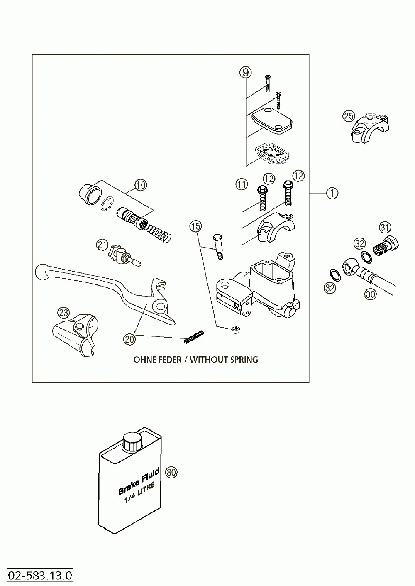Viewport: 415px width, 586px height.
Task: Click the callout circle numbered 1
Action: (332, 193)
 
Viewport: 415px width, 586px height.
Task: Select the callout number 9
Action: (245, 73)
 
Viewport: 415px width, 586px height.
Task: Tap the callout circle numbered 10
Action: (141, 185)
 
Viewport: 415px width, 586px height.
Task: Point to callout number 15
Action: (196, 226)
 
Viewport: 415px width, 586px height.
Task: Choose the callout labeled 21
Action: (101, 245)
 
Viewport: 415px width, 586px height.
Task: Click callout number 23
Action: (64, 313)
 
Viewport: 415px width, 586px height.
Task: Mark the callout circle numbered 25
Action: (349, 116)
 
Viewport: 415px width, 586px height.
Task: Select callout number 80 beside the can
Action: (171, 472)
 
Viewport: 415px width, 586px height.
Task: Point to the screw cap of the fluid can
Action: (132, 441)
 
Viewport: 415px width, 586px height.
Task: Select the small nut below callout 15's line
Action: (234, 330)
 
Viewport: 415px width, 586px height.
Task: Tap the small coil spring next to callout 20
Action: (194, 336)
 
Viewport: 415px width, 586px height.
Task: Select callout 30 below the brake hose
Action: (370, 294)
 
